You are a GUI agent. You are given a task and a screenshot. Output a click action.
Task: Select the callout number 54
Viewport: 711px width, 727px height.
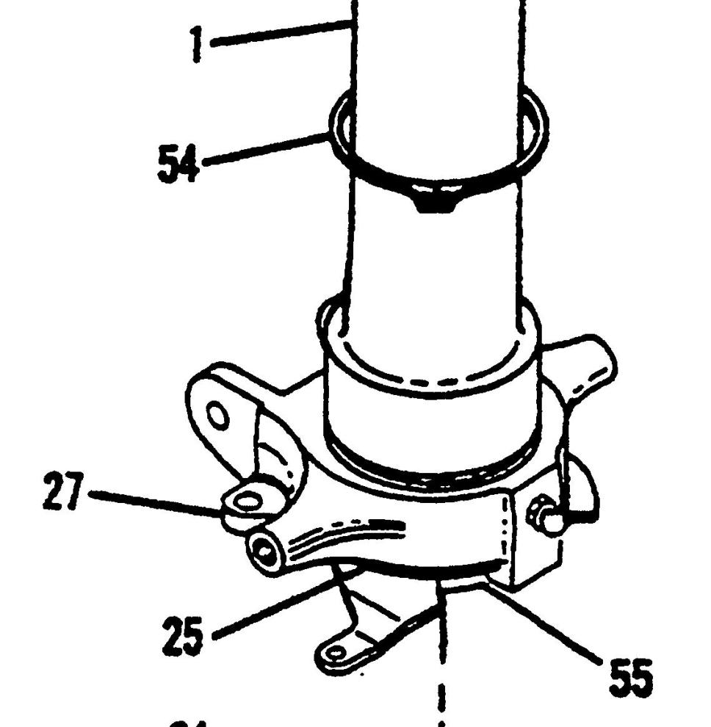click(178, 163)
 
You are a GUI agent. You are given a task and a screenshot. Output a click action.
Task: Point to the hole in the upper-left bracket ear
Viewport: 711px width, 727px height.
click(219, 419)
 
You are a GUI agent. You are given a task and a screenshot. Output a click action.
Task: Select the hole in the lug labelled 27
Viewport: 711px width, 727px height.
click(250, 502)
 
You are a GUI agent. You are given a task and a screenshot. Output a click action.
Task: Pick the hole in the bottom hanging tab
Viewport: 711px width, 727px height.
click(337, 651)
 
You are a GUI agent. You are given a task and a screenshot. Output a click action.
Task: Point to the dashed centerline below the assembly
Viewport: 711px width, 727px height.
click(441, 690)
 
